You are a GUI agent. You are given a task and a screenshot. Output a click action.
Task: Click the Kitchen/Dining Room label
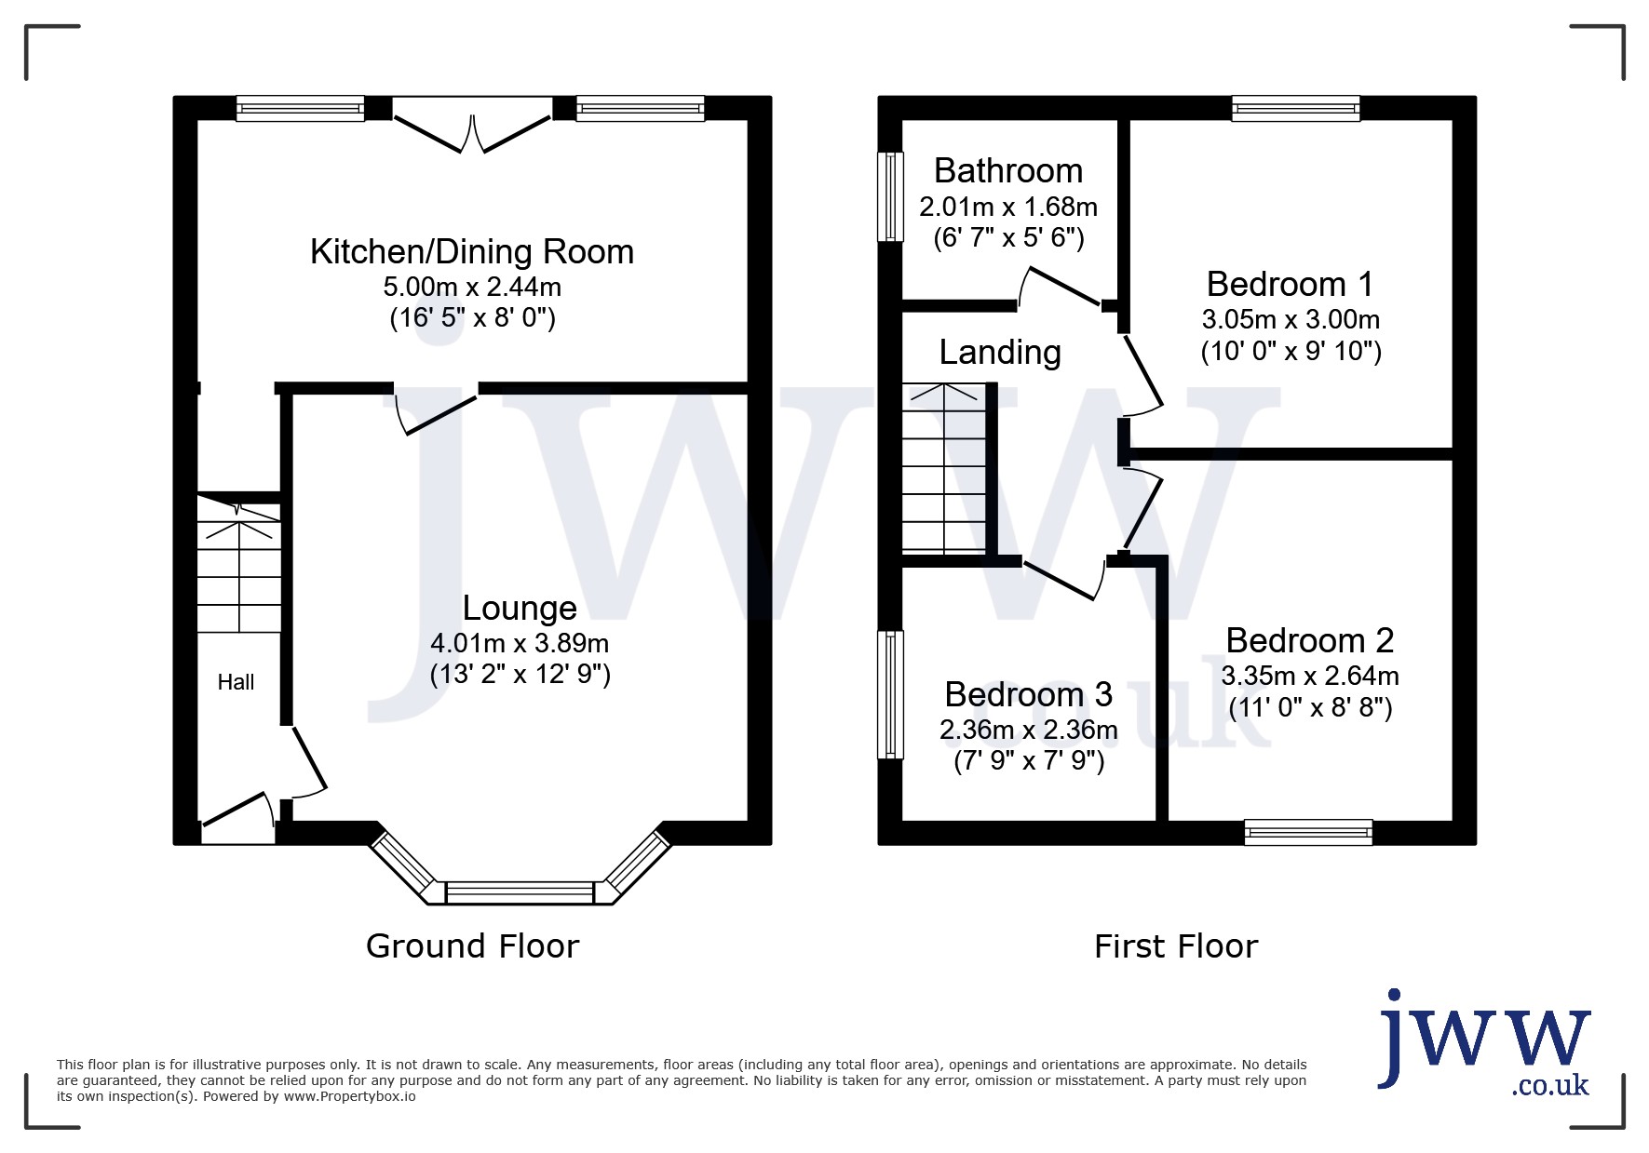point(472,252)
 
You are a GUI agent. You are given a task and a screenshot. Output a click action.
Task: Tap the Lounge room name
point(520,609)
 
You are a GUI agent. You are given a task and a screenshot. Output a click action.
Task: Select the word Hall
point(236,682)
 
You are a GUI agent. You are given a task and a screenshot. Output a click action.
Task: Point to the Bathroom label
point(1008,171)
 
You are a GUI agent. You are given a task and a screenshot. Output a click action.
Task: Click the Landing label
point(1000,353)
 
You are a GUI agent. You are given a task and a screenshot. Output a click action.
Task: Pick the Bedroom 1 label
point(1290,284)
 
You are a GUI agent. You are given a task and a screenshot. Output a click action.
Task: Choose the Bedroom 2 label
point(1309,640)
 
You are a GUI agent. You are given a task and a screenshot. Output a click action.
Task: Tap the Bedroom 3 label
point(1028,694)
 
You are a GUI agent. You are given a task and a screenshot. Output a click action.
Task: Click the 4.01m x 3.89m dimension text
point(520,643)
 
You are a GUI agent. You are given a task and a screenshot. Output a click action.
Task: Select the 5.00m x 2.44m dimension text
point(472,287)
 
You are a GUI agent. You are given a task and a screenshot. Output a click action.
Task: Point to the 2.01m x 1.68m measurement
point(1008,206)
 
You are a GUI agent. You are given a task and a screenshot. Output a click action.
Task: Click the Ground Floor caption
point(472,946)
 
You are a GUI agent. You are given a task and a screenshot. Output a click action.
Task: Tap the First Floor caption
point(1176,946)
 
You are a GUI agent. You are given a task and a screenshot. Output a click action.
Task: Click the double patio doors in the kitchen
point(471,126)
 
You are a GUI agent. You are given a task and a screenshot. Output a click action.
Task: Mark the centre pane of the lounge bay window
point(520,893)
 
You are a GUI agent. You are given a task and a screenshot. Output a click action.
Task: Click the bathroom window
point(891,196)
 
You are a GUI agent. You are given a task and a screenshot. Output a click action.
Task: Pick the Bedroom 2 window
point(1308,832)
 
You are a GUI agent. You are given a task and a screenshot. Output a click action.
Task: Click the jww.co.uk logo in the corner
point(1484,1043)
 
